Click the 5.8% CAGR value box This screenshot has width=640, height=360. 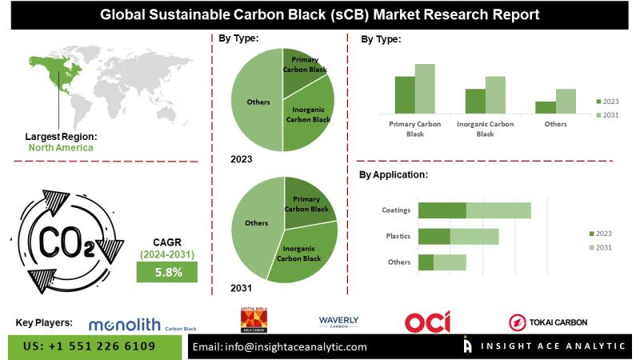click(169, 272)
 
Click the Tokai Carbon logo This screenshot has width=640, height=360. click(548, 322)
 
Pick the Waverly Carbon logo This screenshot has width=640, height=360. click(338, 322)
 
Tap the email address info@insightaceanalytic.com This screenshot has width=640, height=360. click(281, 347)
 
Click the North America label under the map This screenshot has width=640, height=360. click(61, 148)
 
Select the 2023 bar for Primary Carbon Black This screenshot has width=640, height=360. click(405, 95)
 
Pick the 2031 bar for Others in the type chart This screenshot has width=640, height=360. click(566, 101)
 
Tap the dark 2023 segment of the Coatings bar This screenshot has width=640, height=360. click(442, 210)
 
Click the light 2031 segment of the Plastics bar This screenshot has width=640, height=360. click(474, 237)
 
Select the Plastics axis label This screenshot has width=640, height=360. click(398, 237)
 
